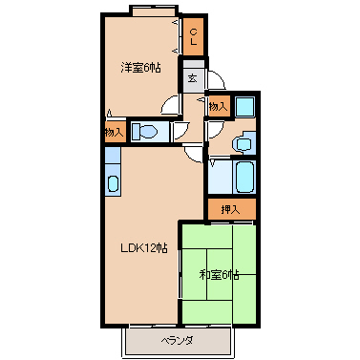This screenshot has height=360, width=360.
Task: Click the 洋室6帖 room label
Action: pos(140,68)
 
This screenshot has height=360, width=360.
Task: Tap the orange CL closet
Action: pos(193,38)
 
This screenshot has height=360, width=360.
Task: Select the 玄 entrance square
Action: pos(193,79)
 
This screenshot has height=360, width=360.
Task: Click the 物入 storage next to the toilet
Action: pos(113,131)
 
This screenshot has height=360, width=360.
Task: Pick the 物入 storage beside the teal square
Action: pos(218,106)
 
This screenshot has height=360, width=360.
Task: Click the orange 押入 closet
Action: pos(231,207)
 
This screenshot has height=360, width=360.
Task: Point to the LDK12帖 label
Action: pos(143,248)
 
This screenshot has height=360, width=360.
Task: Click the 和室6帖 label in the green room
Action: pos(219,275)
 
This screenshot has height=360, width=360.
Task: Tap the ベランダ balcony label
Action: pos(177,340)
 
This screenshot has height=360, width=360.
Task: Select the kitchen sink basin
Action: pos(113,184)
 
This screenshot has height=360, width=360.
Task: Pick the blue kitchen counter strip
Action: pos(113,170)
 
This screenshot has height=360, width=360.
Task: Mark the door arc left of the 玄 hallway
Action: pos(172,105)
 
